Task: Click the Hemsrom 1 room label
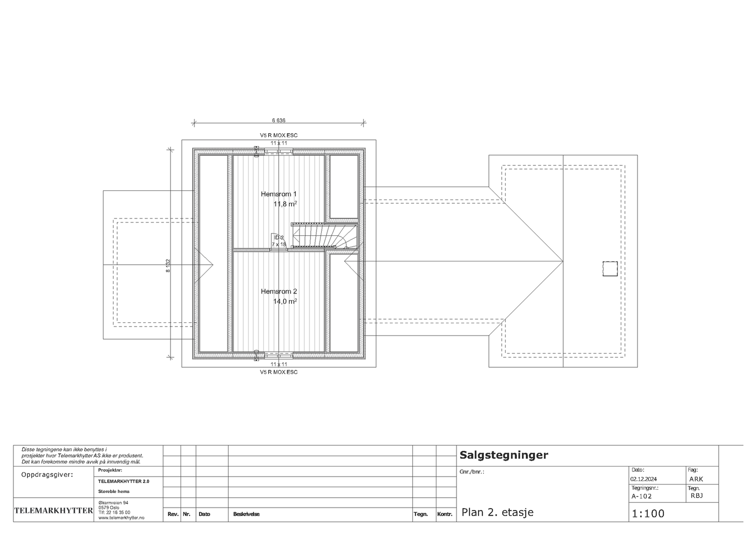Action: pyautogui.click(x=279, y=194)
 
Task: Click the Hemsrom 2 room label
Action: pyautogui.click(x=279, y=292)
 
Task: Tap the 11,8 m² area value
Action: pyautogui.click(x=285, y=204)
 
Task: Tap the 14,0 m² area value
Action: pyautogui.click(x=285, y=302)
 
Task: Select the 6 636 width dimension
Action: pyautogui.click(x=279, y=121)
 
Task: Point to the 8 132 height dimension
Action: pyautogui.click(x=168, y=265)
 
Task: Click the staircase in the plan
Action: pyautogui.click(x=324, y=236)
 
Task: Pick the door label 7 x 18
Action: pyautogui.click(x=279, y=244)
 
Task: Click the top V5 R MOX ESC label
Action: pyautogui.click(x=279, y=136)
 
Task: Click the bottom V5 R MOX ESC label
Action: pyautogui.click(x=279, y=372)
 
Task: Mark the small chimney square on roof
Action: pyautogui.click(x=610, y=268)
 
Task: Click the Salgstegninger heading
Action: pyautogui.click(x=504, y=455)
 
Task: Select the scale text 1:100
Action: pyautogui.click(x=648, y=514)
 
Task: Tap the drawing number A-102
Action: pyautogui.click(x=642, y=496)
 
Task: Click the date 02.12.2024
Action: pyautogui.click(x=644, y=479)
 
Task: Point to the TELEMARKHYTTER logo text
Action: pyautogui.click(x=53, y=510)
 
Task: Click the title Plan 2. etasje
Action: pyautogui.click(x=497, y=512)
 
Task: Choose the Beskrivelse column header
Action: pyautogui.click(x=246, y=514)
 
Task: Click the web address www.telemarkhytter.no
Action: pyautogui.click(x=121, y=518)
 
